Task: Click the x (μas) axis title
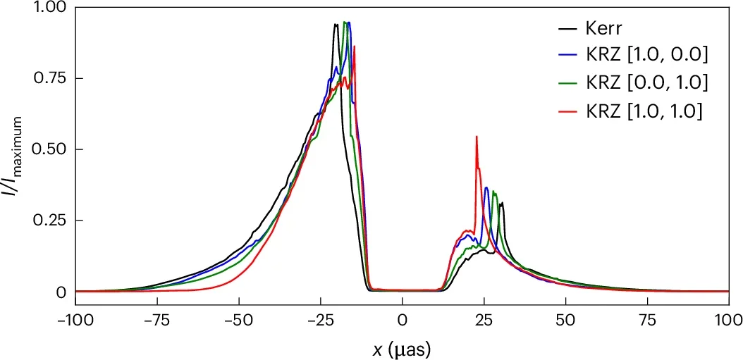(x=403, y=347)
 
